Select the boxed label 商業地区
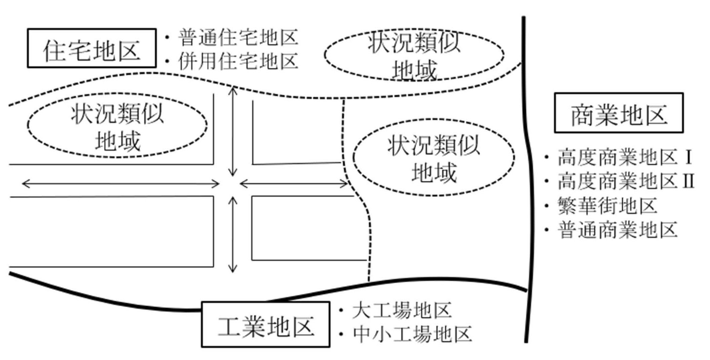pos(619,113)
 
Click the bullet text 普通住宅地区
pos(238,37)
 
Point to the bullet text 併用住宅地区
pos(238,61)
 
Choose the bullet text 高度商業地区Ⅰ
pos(625,157)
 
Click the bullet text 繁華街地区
pos(607,206)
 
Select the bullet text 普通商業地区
pos(617,230)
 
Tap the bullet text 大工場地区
pos(401,310)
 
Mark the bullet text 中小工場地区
pos(412,334)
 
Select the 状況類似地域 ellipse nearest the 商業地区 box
pos(434,157)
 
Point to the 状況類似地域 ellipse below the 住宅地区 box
pos(117,125)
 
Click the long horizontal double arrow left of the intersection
pos(120,184)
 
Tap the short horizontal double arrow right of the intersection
pos(294,184)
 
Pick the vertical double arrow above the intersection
pos(233,131)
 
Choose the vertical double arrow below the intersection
pos(233,234)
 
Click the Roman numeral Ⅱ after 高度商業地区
pos(689,181)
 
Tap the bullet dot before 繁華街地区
pos(547,206)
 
